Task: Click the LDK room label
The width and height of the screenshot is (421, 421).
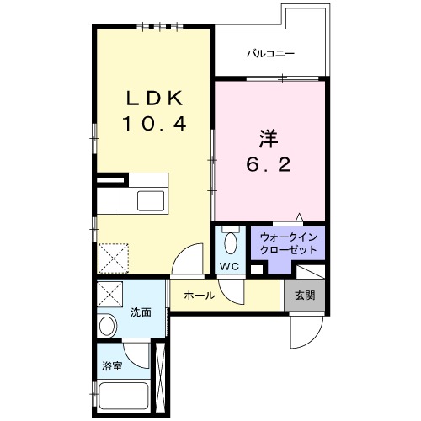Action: (x=155, y=98)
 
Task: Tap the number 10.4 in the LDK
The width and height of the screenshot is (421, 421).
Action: (x=154, y=124)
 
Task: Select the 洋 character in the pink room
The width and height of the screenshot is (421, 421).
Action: (x=269, y=138)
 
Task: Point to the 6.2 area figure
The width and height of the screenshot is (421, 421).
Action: (x=269, y=164)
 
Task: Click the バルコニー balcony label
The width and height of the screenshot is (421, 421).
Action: (x=270, y=53)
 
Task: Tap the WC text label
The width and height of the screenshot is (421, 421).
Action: (x=229, y=266)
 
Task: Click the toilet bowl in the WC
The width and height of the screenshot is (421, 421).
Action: (x=231, y=243)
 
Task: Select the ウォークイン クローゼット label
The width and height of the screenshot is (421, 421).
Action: (x=289, y=243)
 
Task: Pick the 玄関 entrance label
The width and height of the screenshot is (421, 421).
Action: (x=305, y=296)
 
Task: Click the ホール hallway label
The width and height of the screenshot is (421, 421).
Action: (x=200, y=296)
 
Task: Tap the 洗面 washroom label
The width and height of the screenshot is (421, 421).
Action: (x=141, y=312)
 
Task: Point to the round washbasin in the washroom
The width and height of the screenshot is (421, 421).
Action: (x=108, y=326)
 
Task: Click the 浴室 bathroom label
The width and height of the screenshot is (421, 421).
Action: (x=112, y=365)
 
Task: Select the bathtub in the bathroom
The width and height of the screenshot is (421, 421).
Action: (x=124, y=396)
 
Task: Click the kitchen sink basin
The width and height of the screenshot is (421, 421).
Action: (x=151, y=200)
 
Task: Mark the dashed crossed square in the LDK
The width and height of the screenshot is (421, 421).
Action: (x=113, y=258)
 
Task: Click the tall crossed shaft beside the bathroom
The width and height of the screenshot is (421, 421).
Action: (x=161, y=377)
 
